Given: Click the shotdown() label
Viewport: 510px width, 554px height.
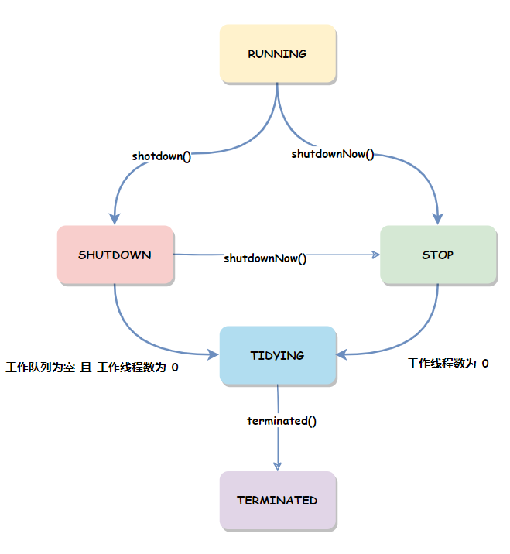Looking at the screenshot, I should click(161, 156).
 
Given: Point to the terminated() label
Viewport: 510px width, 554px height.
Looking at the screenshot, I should click(282, 421).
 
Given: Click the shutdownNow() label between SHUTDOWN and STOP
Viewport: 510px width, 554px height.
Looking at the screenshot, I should click(265, 258).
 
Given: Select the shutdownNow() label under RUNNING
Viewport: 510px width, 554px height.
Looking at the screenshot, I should click(332, 154).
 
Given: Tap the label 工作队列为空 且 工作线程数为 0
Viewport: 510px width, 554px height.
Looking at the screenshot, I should click(92, 368).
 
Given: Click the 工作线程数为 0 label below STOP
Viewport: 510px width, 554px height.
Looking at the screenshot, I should click(447, 363).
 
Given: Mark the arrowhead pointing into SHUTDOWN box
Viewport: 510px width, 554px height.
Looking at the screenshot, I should click(115, 217).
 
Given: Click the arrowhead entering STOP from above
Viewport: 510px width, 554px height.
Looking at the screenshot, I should click(438, 217).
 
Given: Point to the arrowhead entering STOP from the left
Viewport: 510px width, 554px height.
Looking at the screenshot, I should click(375, 255).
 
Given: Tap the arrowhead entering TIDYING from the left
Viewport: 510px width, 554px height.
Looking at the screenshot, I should click(214, 355).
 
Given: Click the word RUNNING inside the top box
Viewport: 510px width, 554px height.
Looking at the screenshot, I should click(277, 54).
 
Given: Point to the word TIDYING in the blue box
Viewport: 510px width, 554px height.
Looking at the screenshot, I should click(277, 356).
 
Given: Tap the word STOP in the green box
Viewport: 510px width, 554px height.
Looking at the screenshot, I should click(437, 255).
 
